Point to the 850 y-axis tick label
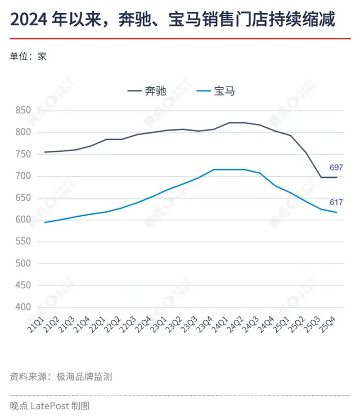click(x=24, y=110)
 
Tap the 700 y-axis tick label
click(x=24, y=176)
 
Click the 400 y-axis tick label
click(x=24, y=307)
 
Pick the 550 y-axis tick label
click(x=24, y=241)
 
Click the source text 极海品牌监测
click(x=84, y=377)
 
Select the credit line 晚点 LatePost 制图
click(x=49, y=405)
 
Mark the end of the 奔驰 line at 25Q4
click(x=336, y=177)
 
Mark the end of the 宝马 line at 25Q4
click(x=336, y=212)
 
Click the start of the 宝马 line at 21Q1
click(x=44, y=222)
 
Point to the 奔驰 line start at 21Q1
click(x=44, y=152)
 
